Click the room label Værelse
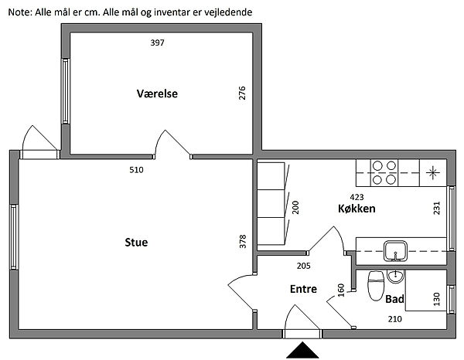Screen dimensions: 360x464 click(x=157, y=93)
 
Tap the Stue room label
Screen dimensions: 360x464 click(x=136, y=243)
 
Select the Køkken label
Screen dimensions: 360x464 click(x=357, y=209)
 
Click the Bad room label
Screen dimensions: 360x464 click(x=394, y=298)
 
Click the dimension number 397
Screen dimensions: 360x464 click(x=158, y=42)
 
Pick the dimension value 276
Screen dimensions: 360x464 click(x=242, y=94)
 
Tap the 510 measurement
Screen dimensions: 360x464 click(x=136, y=169)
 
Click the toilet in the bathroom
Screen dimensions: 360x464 click(x=376, y=284)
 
